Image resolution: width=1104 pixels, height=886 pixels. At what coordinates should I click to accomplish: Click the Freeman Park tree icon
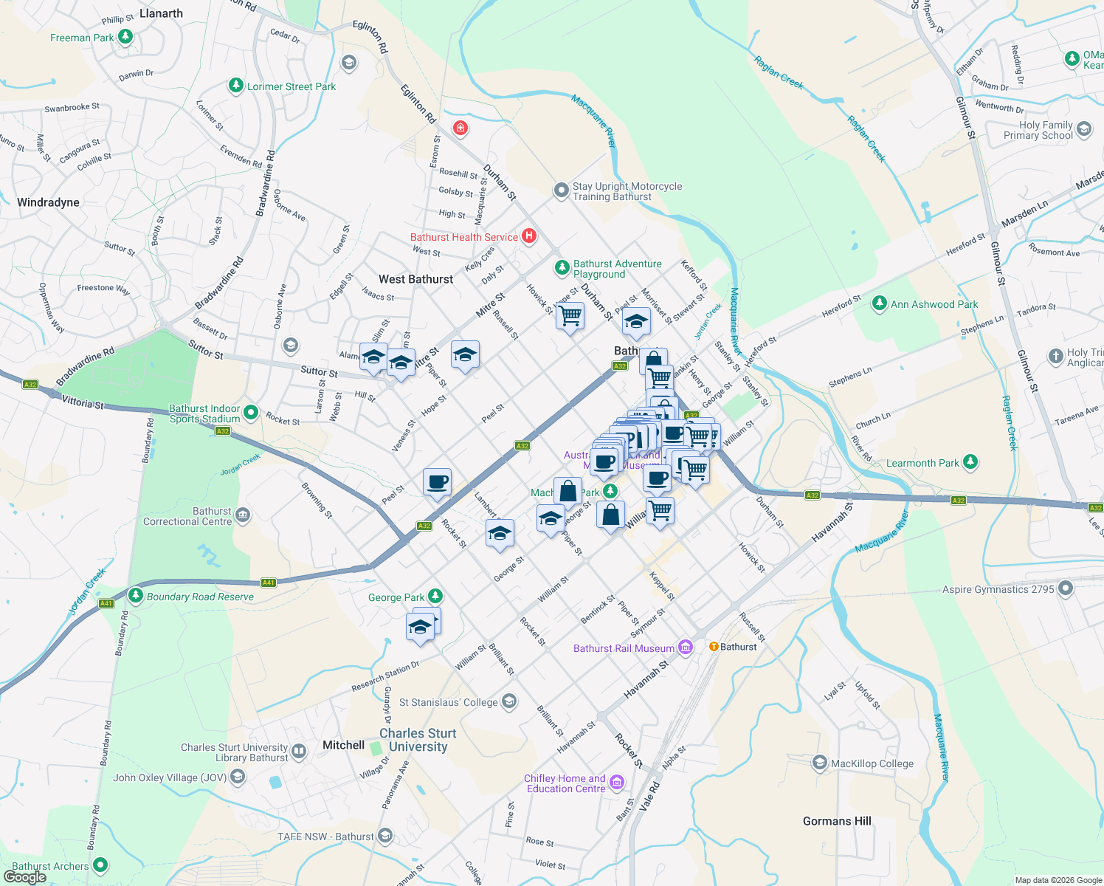(125, 37)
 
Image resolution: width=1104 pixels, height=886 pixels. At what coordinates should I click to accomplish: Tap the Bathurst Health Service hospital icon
(528, 236)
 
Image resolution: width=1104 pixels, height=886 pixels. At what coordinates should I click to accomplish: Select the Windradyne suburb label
(48, 202)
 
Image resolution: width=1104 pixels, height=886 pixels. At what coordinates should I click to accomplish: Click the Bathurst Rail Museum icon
(686, 648)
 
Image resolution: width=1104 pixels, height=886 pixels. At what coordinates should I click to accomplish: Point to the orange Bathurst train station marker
(714, 646)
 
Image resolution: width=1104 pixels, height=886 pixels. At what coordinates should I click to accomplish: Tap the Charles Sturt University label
(418, 740)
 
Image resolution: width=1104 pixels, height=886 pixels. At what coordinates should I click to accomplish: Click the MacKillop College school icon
(819, 763)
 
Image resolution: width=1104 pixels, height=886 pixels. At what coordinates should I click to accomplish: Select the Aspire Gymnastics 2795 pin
(1065, 588)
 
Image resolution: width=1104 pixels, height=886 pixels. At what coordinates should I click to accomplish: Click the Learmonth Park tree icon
(970, 462)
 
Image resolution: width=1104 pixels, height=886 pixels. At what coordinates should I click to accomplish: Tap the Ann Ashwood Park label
(934, 304)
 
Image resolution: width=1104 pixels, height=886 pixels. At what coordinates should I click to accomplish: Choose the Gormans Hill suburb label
(837, 821)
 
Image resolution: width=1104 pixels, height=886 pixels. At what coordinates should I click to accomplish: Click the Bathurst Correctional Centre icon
(243, 515)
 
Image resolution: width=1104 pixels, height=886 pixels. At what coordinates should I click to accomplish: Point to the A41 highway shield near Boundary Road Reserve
(269, 583)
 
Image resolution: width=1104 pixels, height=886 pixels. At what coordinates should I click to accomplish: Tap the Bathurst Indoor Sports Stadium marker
(251, 413)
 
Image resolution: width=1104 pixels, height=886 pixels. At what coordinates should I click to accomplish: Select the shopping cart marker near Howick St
(570, 316)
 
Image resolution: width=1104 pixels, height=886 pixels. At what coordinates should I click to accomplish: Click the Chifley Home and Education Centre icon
(617, 783)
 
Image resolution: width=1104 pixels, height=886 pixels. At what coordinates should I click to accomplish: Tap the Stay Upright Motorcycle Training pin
(562, 190)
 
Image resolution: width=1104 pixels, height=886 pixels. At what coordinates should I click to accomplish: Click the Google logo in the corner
(24, 877)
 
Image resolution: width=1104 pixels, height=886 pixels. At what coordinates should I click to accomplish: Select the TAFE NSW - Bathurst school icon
(384, 836)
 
